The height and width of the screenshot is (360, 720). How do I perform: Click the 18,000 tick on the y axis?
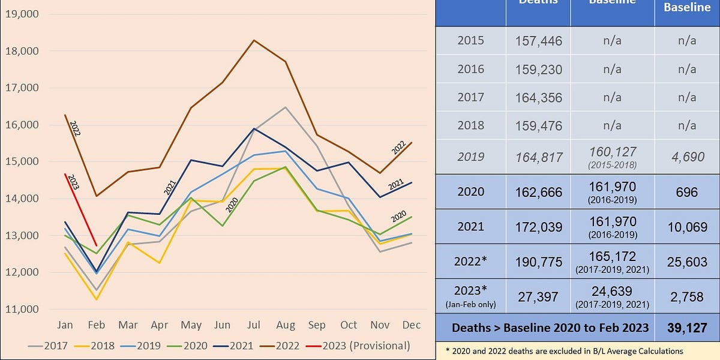[22, 51]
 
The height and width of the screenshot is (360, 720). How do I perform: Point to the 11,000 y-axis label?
[22, 310]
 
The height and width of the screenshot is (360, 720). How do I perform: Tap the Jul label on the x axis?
[254, 325]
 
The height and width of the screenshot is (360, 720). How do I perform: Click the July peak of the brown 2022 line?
[254, 40]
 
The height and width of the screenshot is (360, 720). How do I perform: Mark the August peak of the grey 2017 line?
[286, 107]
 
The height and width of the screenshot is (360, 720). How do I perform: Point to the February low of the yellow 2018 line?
[96, 299]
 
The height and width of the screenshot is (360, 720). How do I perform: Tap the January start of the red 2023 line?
[65, 174]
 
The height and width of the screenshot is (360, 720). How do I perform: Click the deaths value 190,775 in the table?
[538, 260]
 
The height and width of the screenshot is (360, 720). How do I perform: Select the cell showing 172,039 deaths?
[538, 226]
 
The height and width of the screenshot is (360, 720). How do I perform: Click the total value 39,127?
[687, 328]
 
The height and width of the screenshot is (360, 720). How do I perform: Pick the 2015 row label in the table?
[470, 40]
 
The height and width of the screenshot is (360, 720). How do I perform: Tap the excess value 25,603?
[687, 260]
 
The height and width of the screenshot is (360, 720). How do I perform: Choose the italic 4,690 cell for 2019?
[687, 157]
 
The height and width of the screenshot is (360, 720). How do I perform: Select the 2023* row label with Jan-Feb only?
[470, 295]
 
